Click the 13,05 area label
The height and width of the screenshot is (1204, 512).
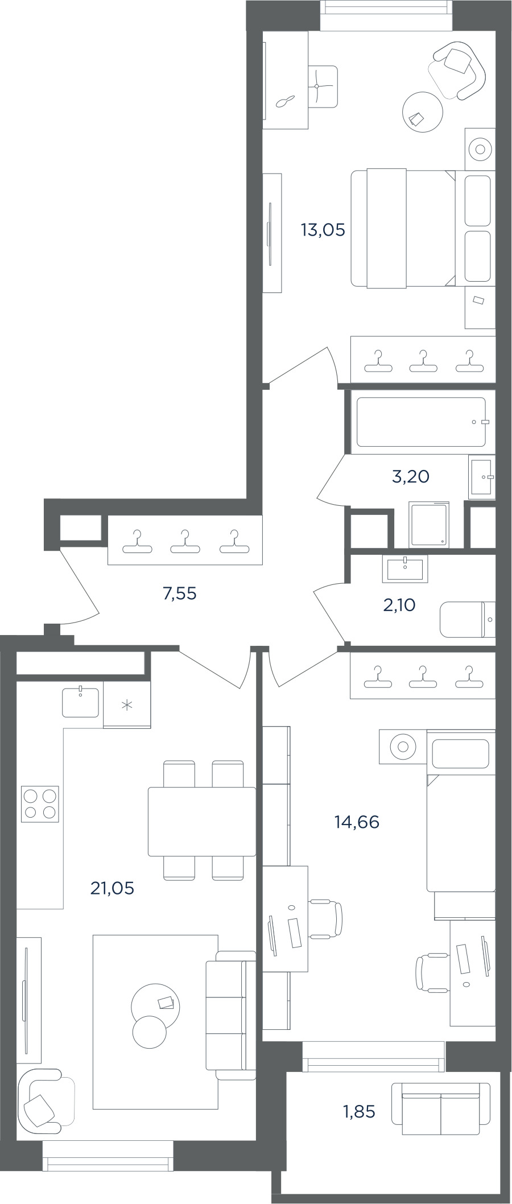323,230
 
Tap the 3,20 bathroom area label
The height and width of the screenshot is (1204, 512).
410,477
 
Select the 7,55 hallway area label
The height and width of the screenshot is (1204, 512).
179,594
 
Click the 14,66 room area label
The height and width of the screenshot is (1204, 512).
357,822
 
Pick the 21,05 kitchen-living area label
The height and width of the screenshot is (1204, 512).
113,888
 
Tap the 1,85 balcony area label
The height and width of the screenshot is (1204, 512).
359,1111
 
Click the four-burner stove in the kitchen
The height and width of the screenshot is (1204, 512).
40,804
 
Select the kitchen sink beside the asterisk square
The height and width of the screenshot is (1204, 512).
80,702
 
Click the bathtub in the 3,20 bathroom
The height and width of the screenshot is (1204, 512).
421,422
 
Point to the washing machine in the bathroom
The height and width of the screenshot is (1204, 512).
428,525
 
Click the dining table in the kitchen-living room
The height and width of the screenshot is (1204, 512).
202,822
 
